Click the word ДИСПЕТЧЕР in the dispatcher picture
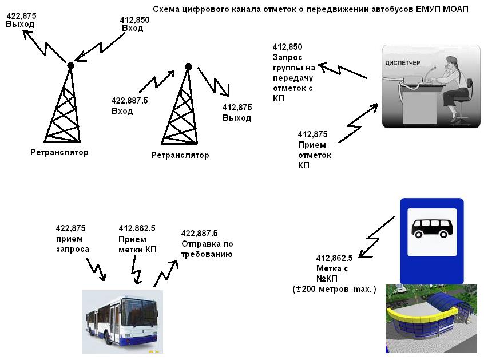tap(403, 63)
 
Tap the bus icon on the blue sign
tap(432, 228)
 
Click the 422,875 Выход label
tap(21, 20)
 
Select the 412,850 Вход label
tap(134, 24)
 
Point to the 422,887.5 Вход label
tap(130, 105)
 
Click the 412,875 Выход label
tap(237, 113)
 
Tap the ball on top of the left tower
tap(70, 65)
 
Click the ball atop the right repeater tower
tap(188, 66)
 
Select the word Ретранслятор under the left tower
tap(59, 152)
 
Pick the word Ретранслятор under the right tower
tap(180, 155)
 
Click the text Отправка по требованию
tap(207, 249)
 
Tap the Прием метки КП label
tap(138, 244)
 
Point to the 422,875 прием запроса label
tap(72, 239)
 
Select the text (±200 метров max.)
tap(334, 289)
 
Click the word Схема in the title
tap(166, 9)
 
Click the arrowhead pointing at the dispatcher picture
tap(374, 107)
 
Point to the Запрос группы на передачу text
tap(293, 68)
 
